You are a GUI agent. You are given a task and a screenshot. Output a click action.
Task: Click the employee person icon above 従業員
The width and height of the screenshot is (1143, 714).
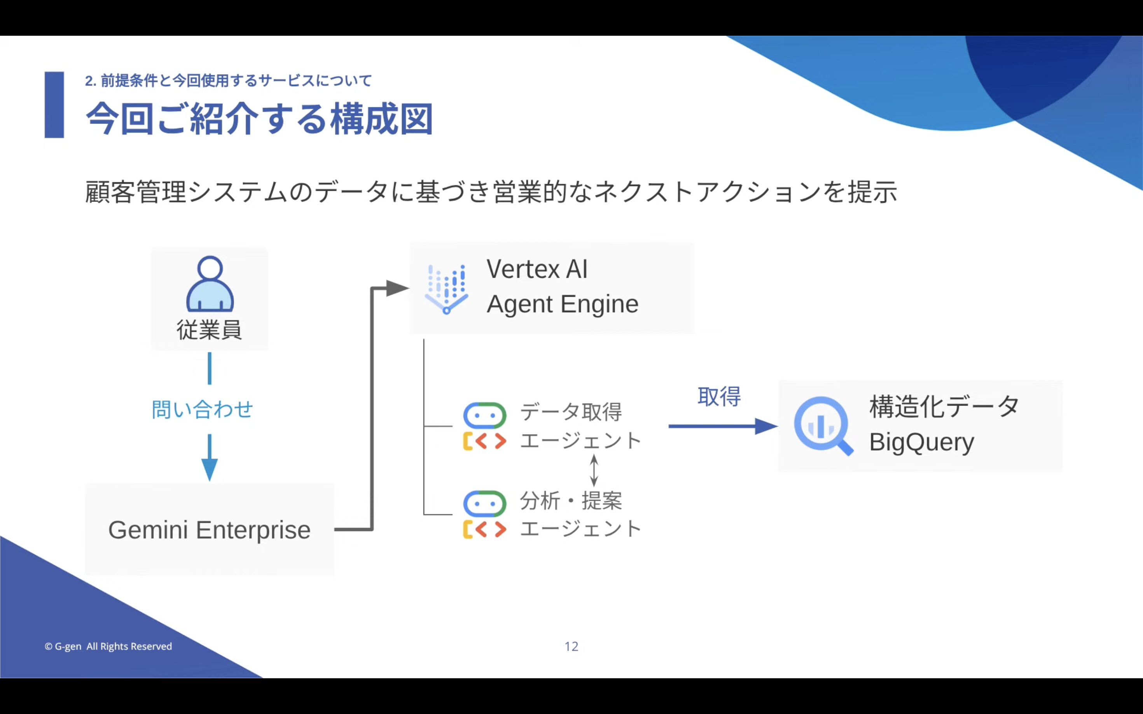coord(210,284)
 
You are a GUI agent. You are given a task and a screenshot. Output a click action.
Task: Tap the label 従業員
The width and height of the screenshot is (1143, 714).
coord(209,329)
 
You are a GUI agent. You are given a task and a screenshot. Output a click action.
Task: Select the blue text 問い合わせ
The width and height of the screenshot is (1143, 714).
coord(202,409)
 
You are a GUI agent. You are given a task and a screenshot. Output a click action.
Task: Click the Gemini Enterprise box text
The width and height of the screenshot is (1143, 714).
coord(209,530)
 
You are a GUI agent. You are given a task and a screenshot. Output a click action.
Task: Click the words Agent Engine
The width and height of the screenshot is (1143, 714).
coord(562,304)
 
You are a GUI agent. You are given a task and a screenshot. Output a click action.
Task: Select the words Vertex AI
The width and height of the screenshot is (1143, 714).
coord(537,269)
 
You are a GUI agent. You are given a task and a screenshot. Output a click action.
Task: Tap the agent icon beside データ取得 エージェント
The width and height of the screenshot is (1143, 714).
coord(485,426)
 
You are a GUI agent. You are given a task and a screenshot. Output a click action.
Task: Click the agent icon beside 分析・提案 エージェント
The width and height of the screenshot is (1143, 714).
coord(485,514)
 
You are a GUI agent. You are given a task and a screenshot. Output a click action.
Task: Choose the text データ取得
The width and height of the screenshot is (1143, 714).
coord(571,412)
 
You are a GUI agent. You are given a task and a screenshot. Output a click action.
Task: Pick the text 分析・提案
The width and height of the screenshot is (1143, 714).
coord(571,501)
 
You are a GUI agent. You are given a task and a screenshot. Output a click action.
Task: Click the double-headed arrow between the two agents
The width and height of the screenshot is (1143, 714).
coord(594,470)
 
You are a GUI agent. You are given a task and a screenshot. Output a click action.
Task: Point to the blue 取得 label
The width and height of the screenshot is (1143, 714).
coord(719,397)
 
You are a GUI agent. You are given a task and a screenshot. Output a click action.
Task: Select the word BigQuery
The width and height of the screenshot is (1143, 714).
coord(921,442)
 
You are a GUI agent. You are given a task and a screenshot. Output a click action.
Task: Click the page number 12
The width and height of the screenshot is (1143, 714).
coord(571,646)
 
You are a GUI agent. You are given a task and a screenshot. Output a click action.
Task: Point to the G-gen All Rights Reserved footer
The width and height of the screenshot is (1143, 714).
coord(108,646)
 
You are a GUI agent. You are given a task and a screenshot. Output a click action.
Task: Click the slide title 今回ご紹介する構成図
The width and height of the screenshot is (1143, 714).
coord(259,118)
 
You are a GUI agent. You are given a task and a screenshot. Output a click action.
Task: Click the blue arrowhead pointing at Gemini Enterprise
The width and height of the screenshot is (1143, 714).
coord(209,469)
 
